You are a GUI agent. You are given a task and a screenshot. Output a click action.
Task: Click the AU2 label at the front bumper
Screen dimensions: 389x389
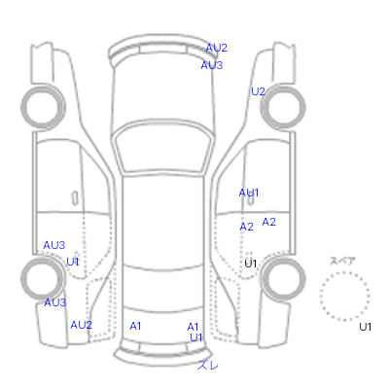pos(216,48)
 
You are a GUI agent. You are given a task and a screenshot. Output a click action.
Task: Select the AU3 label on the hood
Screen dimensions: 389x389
pos(212,65)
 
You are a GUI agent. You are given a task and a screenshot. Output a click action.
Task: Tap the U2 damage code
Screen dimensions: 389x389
pos(258,91)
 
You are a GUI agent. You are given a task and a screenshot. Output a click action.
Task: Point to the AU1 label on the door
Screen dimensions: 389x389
pos(249,193)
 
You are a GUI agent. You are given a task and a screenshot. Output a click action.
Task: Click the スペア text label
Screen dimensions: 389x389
pos(342,261)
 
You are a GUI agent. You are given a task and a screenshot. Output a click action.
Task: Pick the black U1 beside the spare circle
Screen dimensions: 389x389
pos(365,327)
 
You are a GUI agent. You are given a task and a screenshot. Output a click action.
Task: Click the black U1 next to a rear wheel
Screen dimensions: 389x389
pos(250,264)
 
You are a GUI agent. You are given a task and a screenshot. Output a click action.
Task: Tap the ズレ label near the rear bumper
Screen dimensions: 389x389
pos(208,366)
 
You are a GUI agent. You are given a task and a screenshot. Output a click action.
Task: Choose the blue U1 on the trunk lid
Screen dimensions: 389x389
pos(196,337)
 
